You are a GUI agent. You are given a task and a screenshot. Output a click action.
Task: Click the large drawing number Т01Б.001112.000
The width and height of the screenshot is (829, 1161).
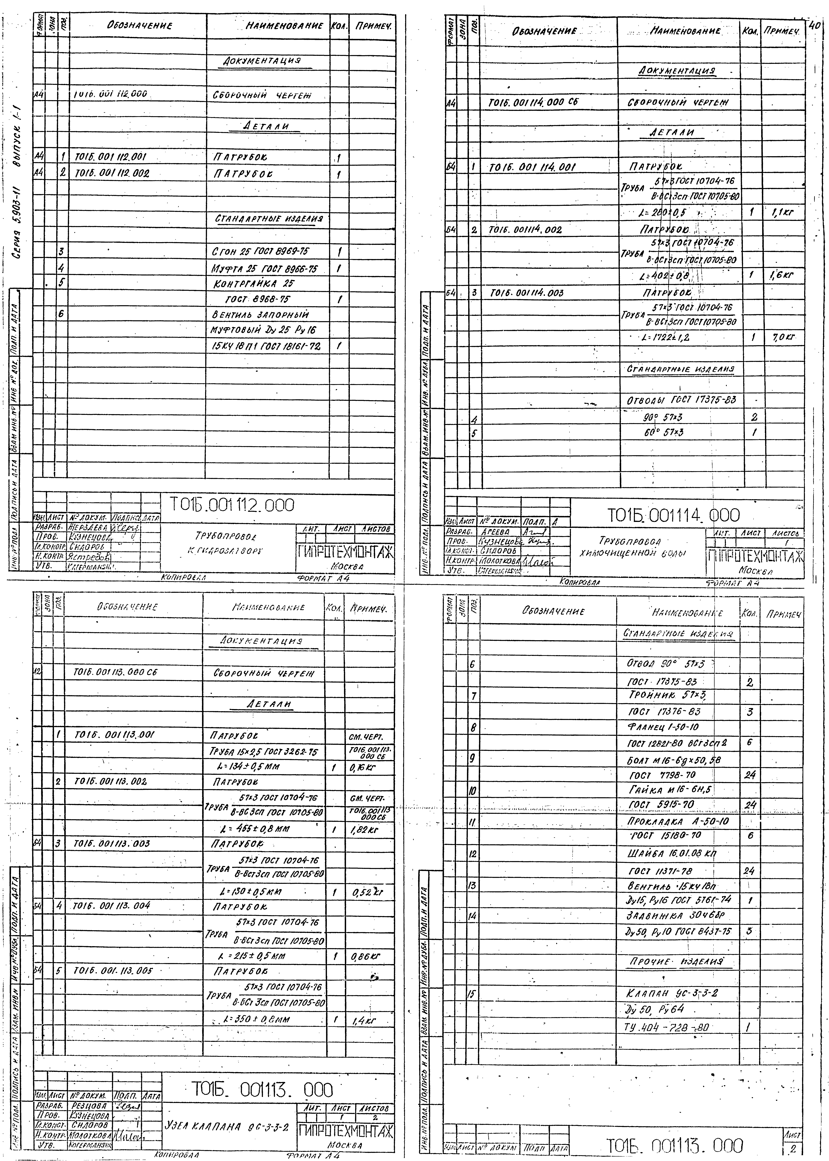[232, 505]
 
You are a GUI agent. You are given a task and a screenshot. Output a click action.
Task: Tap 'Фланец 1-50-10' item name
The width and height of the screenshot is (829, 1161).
[663, 727]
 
